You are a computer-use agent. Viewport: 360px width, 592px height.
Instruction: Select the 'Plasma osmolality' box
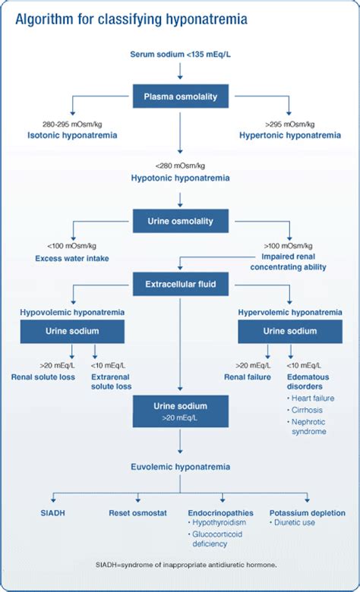(x=180, y=96)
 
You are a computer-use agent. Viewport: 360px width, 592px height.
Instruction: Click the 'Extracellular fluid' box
(x=180, y=287)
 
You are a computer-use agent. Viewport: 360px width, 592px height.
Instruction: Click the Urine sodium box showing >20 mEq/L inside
(x=180, y=411)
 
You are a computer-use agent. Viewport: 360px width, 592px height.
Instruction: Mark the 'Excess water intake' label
(x=72, y=259)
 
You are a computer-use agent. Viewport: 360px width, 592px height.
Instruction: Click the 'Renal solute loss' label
(x=43, y=376)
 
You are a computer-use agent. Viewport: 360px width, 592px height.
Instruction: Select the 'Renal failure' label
(x=248, y=376)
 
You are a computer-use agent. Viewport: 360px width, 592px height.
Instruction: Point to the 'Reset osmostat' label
(x=137, y=513)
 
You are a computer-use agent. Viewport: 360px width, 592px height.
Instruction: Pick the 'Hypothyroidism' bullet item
(x=221, y=523)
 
